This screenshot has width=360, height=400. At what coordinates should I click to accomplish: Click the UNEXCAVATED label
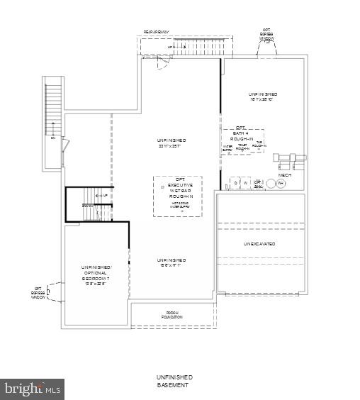click(x=260, y=244)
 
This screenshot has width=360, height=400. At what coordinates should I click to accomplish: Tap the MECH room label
click(x=285, y=174)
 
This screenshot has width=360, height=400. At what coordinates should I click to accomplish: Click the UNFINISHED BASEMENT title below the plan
click(x=174, y=381)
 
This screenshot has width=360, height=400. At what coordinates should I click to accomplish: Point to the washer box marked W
click(x=246, y=183)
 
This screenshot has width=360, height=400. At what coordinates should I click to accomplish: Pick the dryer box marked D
click(x=236, y=183)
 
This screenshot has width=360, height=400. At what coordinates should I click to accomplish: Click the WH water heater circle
click(x=281, y=184)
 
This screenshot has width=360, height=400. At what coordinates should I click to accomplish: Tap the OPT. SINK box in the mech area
click(x=258, y=183)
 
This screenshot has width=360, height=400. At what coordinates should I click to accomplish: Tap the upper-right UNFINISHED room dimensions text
click(x=262, y=100)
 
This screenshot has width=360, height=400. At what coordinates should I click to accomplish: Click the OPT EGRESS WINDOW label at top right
click(x=267, y=33)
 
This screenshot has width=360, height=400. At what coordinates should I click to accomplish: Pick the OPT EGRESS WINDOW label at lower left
click(x=38, y=294)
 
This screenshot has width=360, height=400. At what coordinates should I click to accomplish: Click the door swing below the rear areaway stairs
click(x=162, y=64)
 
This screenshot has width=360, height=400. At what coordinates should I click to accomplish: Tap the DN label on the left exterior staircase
click(x=52, y=138)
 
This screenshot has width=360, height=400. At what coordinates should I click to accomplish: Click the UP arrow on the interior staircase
click(x=104, y=196)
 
